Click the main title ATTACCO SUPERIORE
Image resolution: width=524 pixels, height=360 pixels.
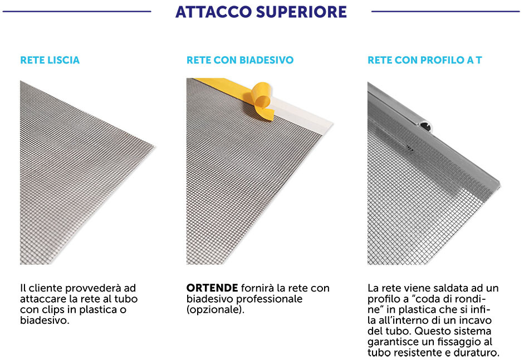click(261, 12)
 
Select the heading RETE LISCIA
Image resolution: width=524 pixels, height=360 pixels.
click(50, 60)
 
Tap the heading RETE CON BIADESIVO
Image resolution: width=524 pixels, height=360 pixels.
click(240, 60)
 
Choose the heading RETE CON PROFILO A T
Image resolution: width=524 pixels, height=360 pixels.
click(424, 60)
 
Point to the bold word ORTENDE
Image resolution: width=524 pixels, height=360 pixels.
click(212, 288)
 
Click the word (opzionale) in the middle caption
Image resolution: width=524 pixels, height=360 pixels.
click(216, 309)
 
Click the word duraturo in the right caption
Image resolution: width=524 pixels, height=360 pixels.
click(478, 353)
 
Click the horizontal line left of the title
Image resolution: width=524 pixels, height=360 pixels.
click(76, 11)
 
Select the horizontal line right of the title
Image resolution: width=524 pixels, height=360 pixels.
click(445, 11)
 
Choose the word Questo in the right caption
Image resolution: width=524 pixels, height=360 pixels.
click(432, 331)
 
